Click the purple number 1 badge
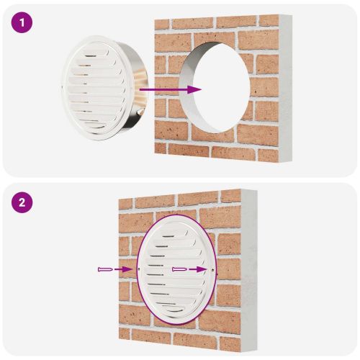coord(24,23)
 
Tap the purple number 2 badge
coord(24,203)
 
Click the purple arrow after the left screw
coord(124,269)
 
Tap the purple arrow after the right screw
coord(202,269)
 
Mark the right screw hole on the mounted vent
coord(214,270)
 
